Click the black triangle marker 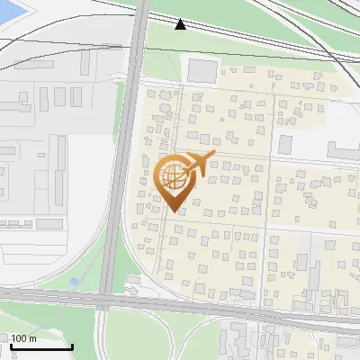pos(181,23)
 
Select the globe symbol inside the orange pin pos(174,178)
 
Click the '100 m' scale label pos(23,338)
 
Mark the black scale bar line pos(41,346)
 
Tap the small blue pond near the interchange pos(74,282)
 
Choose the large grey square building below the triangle pos(202,71)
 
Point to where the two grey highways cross pos(104,300)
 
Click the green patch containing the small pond pos(63,274)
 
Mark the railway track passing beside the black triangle pos(234,37)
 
